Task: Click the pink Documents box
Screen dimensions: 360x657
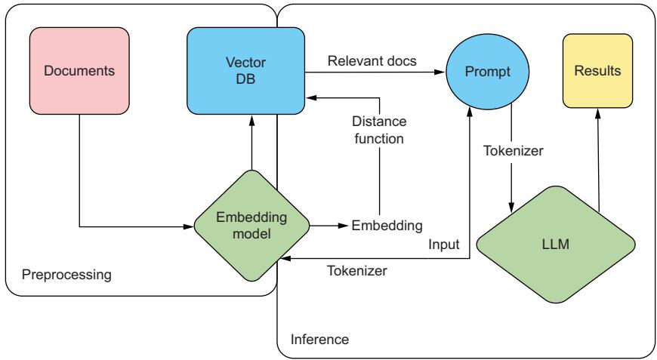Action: [79, 72]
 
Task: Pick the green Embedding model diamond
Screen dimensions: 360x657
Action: [252, 224]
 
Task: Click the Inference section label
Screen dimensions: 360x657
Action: [320, 339]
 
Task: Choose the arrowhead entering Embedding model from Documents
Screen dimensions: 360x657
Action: [189, 225]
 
